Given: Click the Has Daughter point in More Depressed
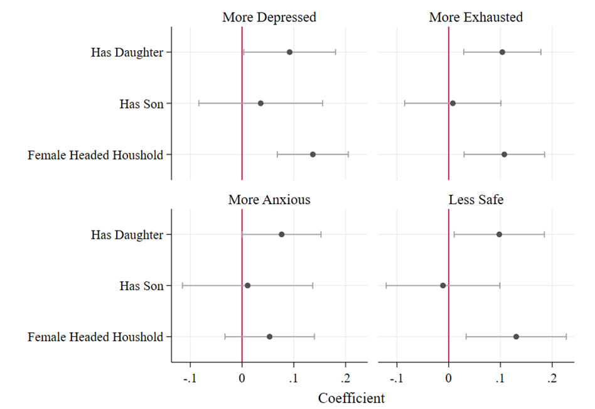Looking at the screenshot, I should pos(289,52).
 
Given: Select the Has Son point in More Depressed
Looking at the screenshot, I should pos(260,103).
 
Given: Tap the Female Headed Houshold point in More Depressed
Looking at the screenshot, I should pos(313,155).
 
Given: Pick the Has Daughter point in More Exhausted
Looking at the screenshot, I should pos(502,52).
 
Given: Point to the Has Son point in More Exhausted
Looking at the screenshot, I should pos(453,103).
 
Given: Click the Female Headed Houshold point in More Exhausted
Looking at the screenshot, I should pos(504,155).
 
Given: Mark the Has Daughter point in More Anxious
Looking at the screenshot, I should pos(281,234).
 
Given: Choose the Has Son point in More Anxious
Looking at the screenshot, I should pos(247,286).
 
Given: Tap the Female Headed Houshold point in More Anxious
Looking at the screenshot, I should pos(269,337).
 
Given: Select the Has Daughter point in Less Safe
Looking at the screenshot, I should pos(499,234).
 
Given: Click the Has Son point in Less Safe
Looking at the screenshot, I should pos(443,286).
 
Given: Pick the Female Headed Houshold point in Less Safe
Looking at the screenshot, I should pos(516,337).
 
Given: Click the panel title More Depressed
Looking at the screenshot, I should pos(269,17).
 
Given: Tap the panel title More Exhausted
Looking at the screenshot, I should pos(476,17).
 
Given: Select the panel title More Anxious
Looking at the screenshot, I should pos(269,200).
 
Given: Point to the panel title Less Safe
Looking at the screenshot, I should pos(476,200).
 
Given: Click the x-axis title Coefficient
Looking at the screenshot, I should pos(351,398).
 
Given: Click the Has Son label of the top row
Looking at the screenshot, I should pos(141,104).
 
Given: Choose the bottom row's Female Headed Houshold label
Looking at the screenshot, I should pos(95,337).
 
